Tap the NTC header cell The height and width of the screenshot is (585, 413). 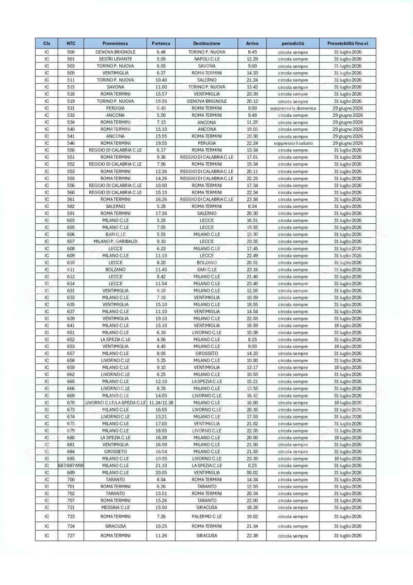(71, 43)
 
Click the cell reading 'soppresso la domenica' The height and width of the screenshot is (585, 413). (293, 108)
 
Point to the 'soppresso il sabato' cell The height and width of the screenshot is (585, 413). (293, 143)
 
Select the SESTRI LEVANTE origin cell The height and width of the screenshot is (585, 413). (116, 59)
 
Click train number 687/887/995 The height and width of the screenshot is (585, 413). (71, 465)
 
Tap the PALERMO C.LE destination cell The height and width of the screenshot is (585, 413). (206, 516)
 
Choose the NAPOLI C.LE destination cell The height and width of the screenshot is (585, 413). (206, 59)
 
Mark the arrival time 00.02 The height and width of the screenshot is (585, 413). (252, 472)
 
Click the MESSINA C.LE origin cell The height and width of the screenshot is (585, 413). (116, 507)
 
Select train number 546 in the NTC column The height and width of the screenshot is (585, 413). (71, 143)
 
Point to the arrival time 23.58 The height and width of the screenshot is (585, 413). (252, 199)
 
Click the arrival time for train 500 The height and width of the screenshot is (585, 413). (252, 52)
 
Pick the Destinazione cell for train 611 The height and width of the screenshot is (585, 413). (206, 269)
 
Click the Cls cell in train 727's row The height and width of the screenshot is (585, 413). (46, 535)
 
